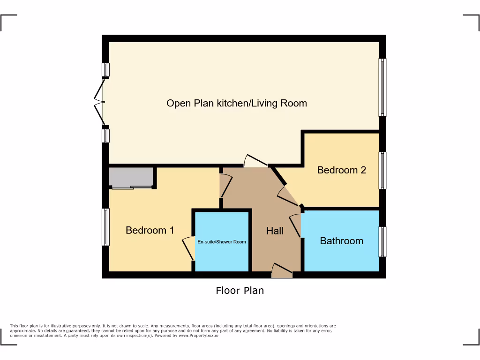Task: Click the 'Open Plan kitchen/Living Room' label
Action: coord(237,103)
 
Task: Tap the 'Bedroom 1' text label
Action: coord(150,230)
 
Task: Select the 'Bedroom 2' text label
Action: coord(341,170)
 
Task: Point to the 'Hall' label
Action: coord(275,231)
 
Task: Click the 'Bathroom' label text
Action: coord(341,241)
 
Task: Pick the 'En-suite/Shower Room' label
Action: coord(221,242)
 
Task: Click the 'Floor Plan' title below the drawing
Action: coord(240,291)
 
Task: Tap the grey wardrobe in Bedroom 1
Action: coord(131,178)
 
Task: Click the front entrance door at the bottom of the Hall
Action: coord(282,270)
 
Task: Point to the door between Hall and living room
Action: coord(255,161)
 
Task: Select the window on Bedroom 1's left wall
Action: coord(106,227)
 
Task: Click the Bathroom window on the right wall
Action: coord(382,241)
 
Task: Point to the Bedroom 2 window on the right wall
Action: coord(382,170)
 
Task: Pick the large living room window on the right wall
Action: coord(382,87)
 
